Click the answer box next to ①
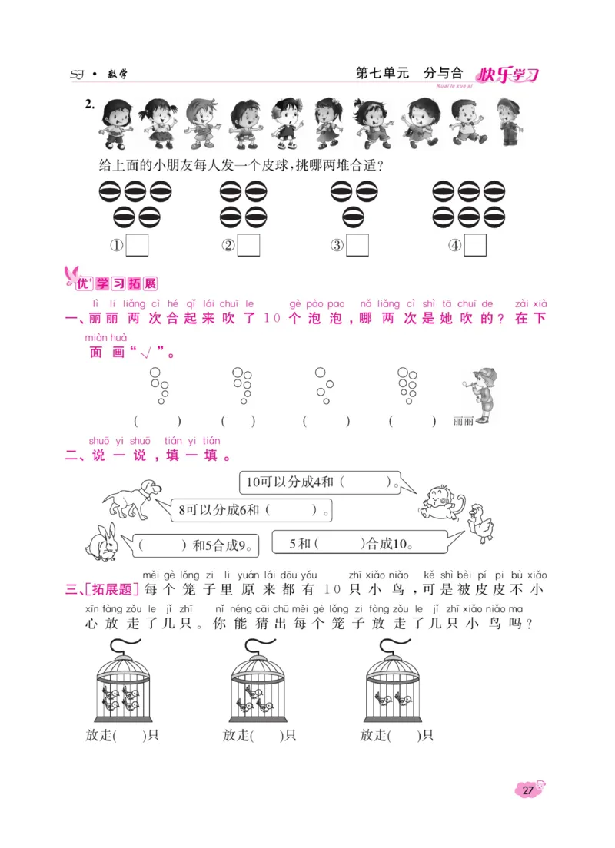point(137,245)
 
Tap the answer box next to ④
point(476,245)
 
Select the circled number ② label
point(228,246)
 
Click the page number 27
point(528,790)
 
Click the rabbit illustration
point(101,542)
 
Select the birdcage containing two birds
point(391,680)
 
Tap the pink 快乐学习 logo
point(507,75)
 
